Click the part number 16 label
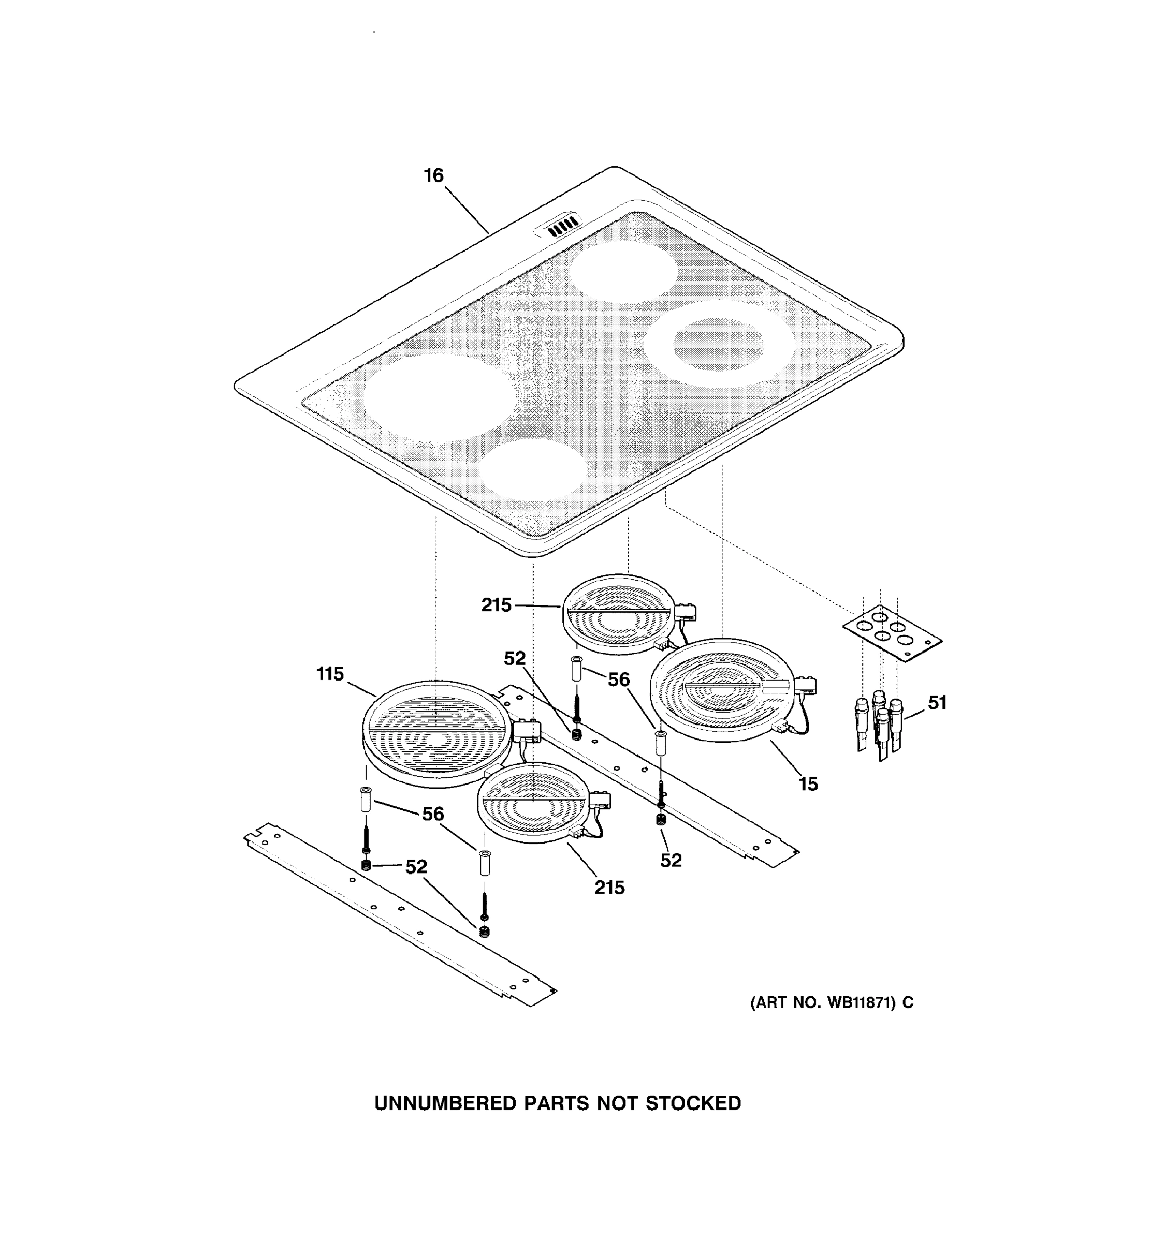[x=433, y=175]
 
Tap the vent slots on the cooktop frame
[x=562, y=226]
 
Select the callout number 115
[x=330, y=674]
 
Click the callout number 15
[x=808, y=784]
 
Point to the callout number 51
[x=937, y=703]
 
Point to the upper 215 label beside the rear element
[x=496, y=605]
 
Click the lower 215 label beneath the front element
[x=609, y=887]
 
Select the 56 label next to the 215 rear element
[x=619, y=679]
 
